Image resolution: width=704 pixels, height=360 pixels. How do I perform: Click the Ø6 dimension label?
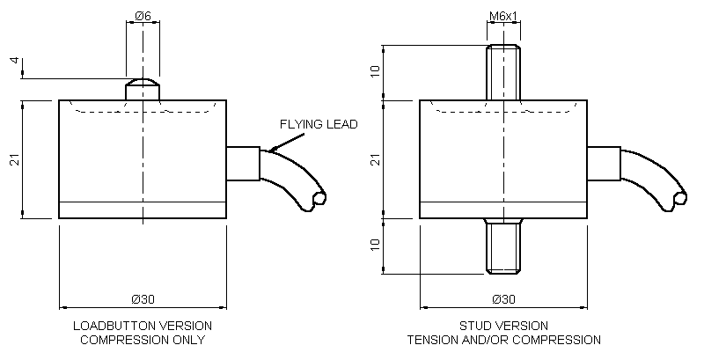pyautogui.click(x=143, y=15)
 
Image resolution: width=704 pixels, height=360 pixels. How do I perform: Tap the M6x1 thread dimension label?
pyautogui.click(x=502, y=15)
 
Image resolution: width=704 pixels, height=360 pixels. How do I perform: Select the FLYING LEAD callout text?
pyautogui.click(x=319, y=124)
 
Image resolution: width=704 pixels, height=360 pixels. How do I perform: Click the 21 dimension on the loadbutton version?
pyautogui.click(x=14, y=159)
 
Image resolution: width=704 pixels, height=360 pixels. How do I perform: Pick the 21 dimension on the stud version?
pyautogui.click(x=377, y=159)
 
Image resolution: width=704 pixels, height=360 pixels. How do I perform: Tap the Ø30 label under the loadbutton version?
pyautogui.click(x=143, y=299)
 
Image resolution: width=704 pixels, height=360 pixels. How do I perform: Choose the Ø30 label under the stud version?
pyautogui.click(x=504, y=299)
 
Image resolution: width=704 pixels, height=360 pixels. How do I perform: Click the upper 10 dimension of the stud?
pyautogui.click(x=377, y=71)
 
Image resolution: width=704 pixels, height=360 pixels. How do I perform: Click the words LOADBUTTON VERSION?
pyautogui.click(x=143, y=326)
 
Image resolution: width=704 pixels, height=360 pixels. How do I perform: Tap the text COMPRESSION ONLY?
pyautogui.click(x=143, y=340)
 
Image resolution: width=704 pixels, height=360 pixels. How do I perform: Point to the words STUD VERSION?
pyautogui.click(x=504, y=326)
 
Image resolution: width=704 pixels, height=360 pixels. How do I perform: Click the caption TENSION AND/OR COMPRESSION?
pyautogui.click(x=504, y=340)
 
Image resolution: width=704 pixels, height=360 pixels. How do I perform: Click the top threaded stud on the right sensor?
pyautogui.click(x=502, y=72)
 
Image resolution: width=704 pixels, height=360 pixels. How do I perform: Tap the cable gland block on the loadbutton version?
pyautogui.click(x=243, y=164)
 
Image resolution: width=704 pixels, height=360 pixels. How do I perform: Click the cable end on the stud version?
pyautogui.click(x=678, y=199)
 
